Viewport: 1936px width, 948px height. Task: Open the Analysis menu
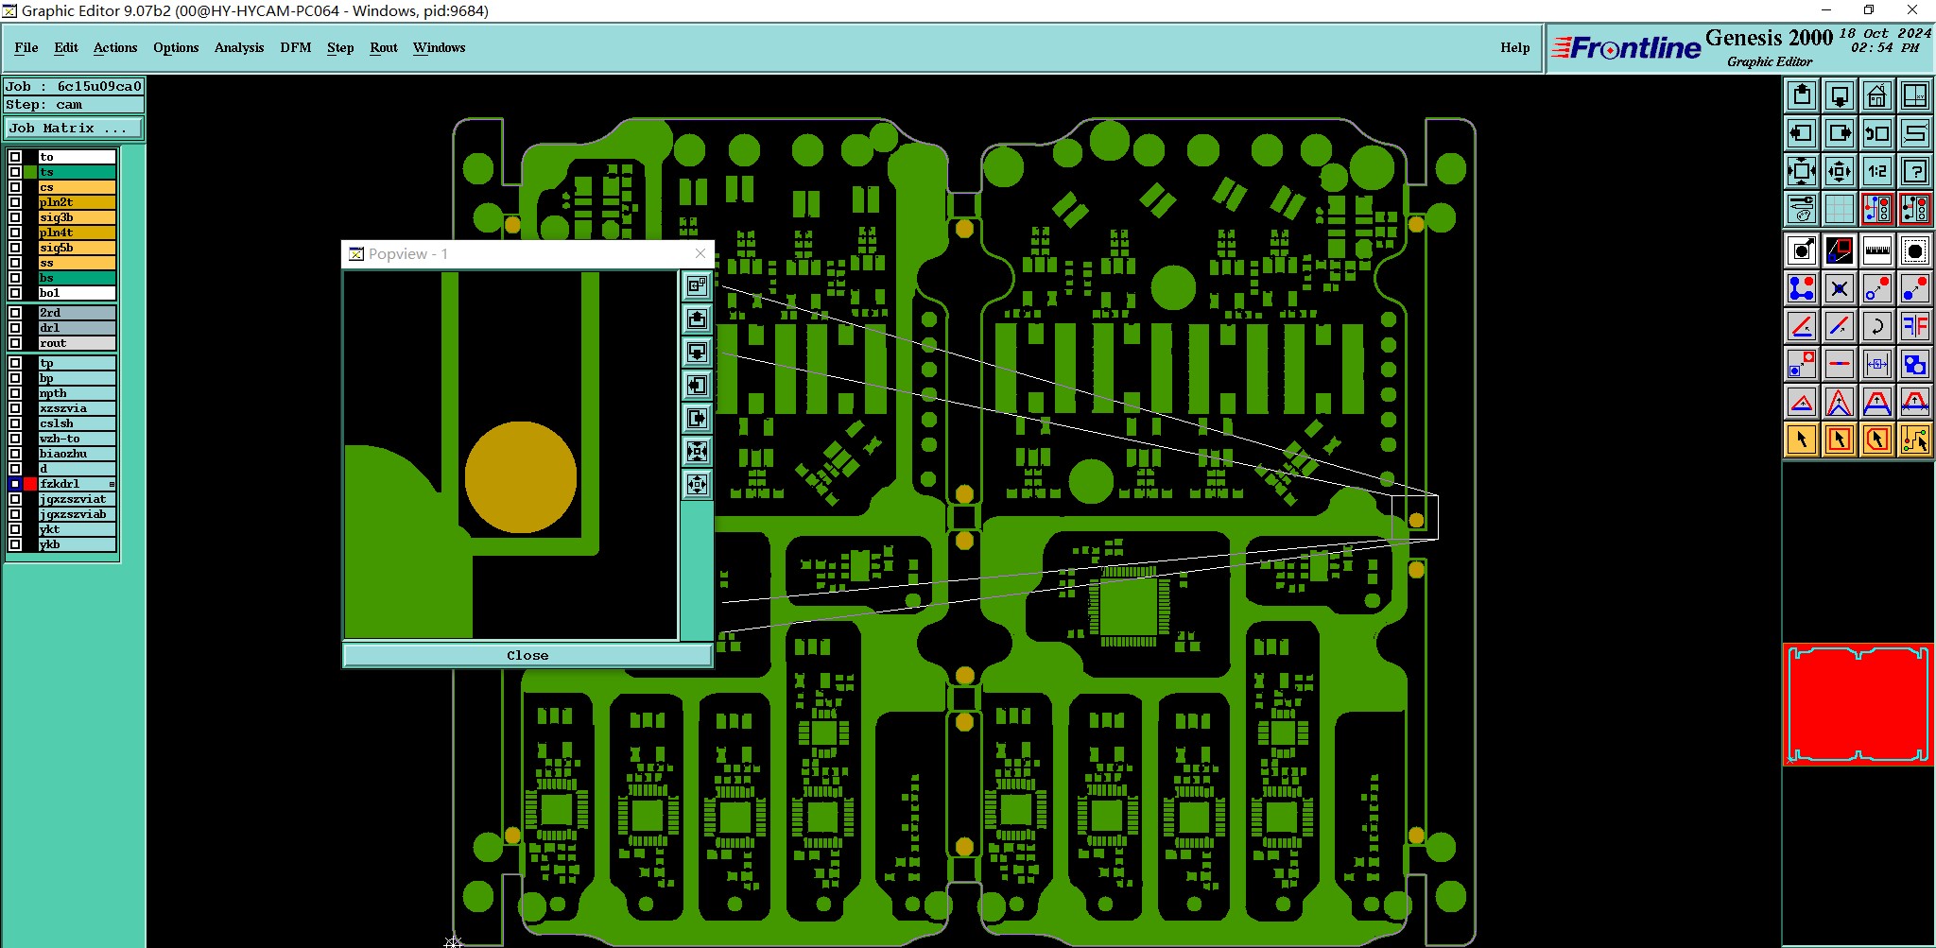[x=238, y=47]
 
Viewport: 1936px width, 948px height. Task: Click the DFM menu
[x=295, y=47]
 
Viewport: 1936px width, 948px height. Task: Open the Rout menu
[x=383, y=47]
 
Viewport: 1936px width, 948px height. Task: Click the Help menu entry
[x=1514, y=47]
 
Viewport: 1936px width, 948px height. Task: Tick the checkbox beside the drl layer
[x=15, y=328]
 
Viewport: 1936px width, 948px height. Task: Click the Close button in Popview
[x=527, y=655]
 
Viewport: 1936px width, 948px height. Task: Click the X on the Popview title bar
[x=700, y=253]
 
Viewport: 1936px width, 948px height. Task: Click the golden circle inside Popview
[x=520, y=477]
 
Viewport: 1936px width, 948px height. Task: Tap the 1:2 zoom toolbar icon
[x=1876, y=171]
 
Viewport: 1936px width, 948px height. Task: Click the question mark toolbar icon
[x=1914, y=171]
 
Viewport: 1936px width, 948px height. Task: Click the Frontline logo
[x=1626, y=48]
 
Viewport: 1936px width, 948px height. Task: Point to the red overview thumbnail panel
[x=1858, y=704]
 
